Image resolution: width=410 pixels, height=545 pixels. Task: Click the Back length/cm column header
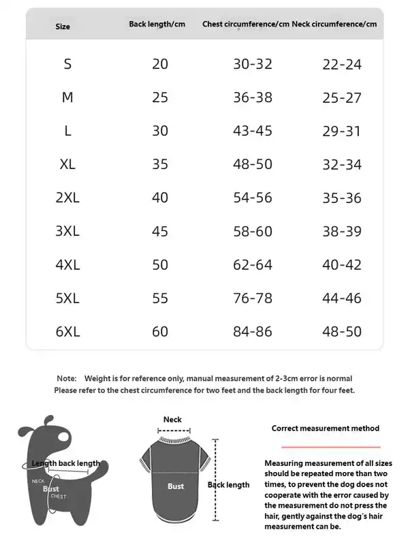tap(157, 25)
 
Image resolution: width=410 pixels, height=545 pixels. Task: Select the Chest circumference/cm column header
tap(246, 25)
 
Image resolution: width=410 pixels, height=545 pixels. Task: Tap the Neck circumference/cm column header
tap(334, 25)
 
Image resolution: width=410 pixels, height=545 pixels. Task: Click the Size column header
tap(63, 27)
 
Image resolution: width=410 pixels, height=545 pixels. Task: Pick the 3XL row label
tap(67, 232)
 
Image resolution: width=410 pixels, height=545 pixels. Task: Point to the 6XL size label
tap(67, 332)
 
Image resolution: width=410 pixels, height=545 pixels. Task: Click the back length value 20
tap(160, 64)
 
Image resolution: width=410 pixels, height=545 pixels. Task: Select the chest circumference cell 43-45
tap(253, 131)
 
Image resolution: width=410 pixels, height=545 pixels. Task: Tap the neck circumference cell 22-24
tap(342, 65)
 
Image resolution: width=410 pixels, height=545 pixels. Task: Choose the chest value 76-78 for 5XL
tap(253, 298)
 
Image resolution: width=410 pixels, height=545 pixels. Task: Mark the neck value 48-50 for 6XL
tap(342, 332)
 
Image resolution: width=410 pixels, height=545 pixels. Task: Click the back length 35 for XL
tap(160, 164)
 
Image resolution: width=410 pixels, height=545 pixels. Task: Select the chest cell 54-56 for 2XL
tap(253, 198)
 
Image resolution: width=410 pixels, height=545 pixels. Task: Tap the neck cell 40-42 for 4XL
tap(342, 265)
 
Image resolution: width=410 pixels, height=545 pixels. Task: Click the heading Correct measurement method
tap(326, 429)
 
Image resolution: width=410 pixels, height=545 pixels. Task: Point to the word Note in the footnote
tap(66, 378)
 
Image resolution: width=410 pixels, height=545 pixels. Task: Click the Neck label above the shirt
tap(172, 420)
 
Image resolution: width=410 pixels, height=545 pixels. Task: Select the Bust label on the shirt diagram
tap(176, 486)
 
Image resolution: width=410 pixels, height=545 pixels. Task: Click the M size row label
tap(67, 97)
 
